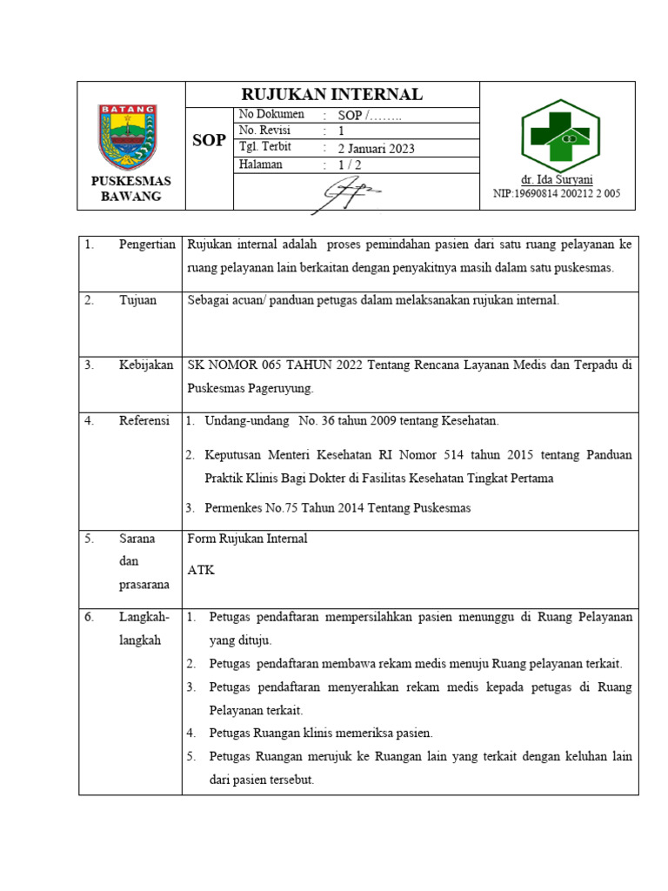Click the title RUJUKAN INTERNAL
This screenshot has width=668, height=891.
coord(331,94)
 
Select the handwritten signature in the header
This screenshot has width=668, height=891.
coord(346,194)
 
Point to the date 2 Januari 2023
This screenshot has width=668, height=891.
coord(376,148)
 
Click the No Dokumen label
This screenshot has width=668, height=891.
coord(271,115)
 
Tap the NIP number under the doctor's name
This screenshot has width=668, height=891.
coord(557,194)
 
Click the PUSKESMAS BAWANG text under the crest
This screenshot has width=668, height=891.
coord(131,189)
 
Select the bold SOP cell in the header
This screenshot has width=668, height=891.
coord(209,140)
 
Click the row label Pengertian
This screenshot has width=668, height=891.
coord(147,246)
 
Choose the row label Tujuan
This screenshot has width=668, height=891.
coord(137,300)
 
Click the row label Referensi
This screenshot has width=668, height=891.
coord(144,421)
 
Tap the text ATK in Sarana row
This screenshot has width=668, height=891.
coord(201,571)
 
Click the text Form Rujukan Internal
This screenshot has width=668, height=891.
coord(247,539)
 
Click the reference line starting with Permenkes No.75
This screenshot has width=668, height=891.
coord(337,508)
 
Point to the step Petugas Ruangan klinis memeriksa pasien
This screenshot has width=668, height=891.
coord(321,733)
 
